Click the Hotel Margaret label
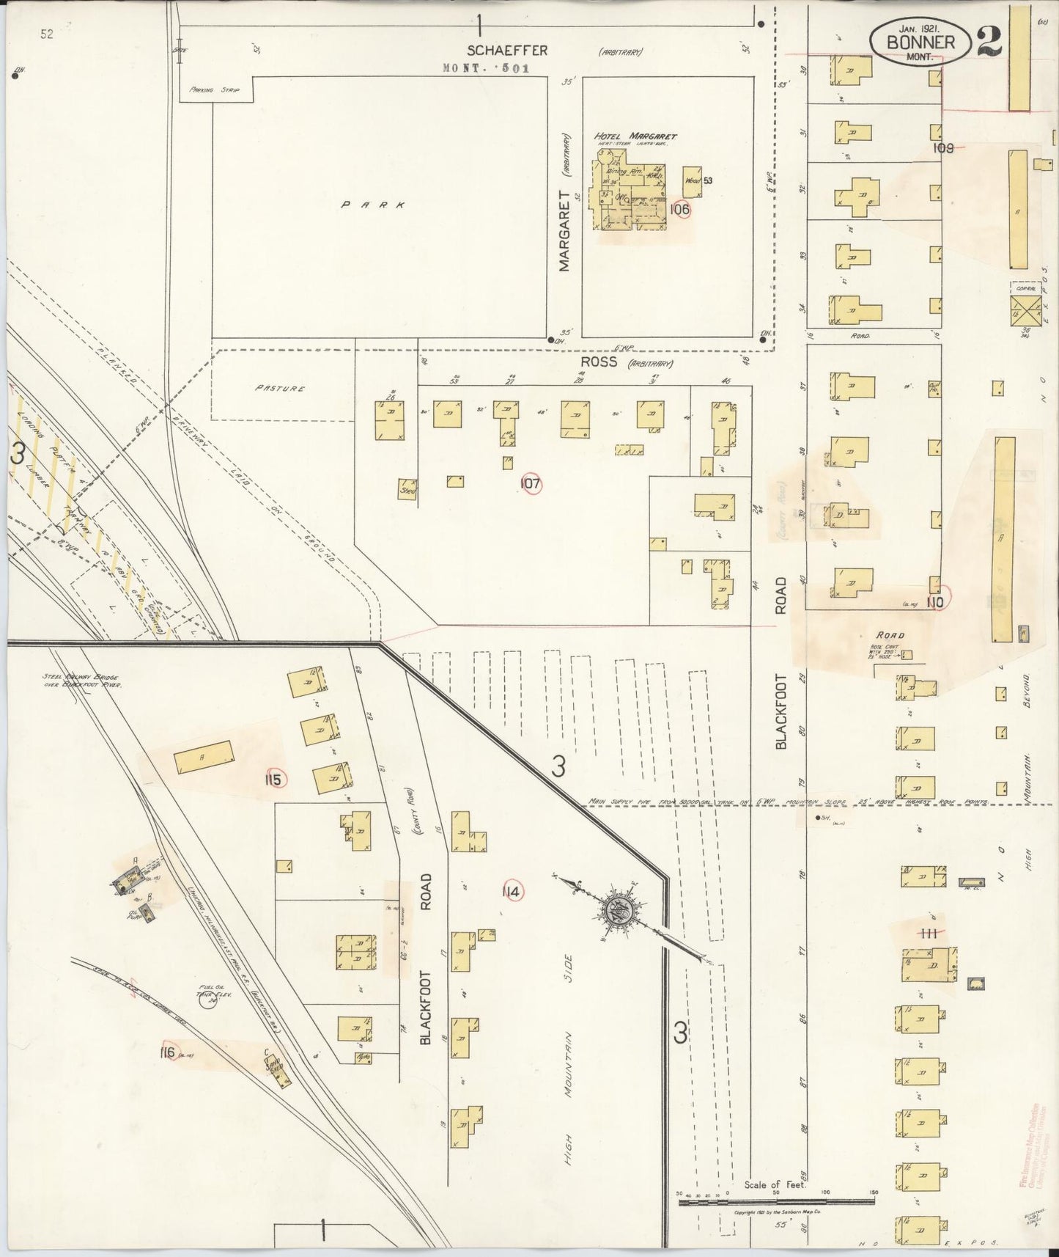[635, 136]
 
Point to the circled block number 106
[680, 209]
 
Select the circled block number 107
[530, 483]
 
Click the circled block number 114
[512, 892]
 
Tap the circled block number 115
[273, 780]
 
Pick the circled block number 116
[168, 1052]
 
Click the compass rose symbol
[617, 911]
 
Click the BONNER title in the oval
[920, 43]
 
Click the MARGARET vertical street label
[564, 231]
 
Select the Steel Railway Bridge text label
[81, 680]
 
